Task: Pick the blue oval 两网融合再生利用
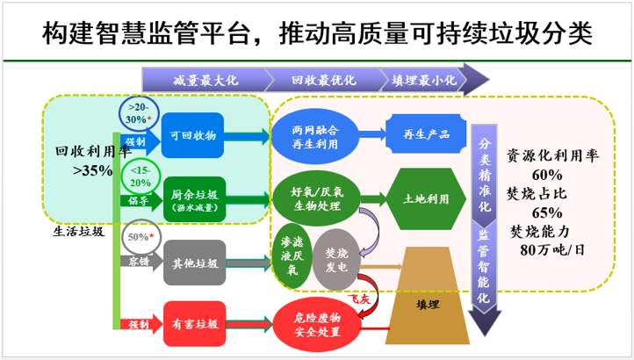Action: (315, 135)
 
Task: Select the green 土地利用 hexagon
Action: (426, 198)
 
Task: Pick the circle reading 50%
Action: (139, 237)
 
